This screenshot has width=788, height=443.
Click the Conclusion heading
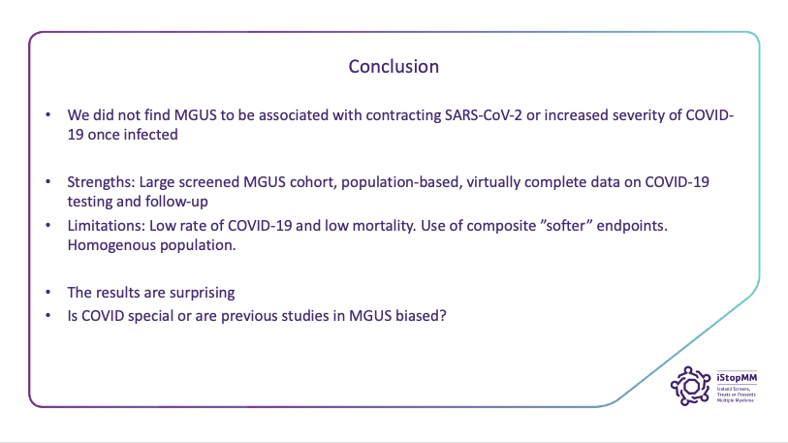394,66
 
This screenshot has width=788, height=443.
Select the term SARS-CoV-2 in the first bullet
484,115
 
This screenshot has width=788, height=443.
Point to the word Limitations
106,225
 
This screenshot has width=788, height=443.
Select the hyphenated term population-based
401,182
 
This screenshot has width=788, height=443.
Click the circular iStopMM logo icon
690,386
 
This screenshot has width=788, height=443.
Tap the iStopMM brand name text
737,377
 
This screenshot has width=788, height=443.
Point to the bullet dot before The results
48,292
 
